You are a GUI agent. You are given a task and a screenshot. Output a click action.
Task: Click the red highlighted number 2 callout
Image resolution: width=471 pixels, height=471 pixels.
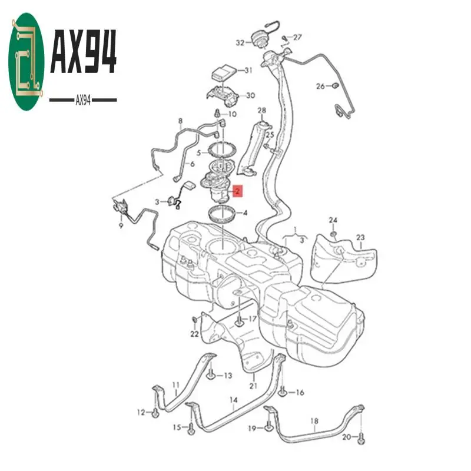pyautogui.click(x=237, y=191)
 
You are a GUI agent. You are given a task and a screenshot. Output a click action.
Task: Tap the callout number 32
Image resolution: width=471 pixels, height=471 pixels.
pyautogui.click(x=240, y=42)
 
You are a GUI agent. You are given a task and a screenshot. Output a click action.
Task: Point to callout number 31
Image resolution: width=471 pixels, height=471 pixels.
pyautogui.click(x=248, y=70)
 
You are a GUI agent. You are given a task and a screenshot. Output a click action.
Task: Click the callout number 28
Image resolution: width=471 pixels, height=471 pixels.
pyautogui.click(x=261, y=110)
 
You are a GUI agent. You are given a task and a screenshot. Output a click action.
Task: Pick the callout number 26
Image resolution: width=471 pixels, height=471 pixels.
pyautogui.click(x=320, y=86)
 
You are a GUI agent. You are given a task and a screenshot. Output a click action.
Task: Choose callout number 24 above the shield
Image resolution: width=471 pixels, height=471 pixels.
pyautogui.click(x=333, y=220)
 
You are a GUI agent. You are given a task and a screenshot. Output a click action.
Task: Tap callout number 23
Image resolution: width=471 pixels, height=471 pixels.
pyautogui.click(x=360, y=237)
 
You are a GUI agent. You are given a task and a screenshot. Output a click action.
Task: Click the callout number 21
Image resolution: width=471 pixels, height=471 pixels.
pyautogui.click(x=254, y=386)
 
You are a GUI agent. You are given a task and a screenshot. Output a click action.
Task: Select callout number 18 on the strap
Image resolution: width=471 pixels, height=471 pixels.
pyautogui.click(x=314, y=421)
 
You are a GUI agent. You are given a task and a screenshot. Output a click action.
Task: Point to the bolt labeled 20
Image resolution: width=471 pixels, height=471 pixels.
pyautogui.click(x=361, y=438)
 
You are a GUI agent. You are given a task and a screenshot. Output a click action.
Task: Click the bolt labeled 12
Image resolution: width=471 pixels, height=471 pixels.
pyautogui.click(x=154, y=413)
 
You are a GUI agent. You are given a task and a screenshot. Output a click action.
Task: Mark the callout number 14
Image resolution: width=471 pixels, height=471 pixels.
pyautogui.click(x=233, y=400)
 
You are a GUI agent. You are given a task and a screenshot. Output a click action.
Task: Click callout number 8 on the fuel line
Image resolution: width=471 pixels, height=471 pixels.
pyautogui.click(x=180, y=121)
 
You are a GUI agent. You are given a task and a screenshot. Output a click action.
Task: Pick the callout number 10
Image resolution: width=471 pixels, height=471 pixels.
pyautogui.click(x=232, y=114)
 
